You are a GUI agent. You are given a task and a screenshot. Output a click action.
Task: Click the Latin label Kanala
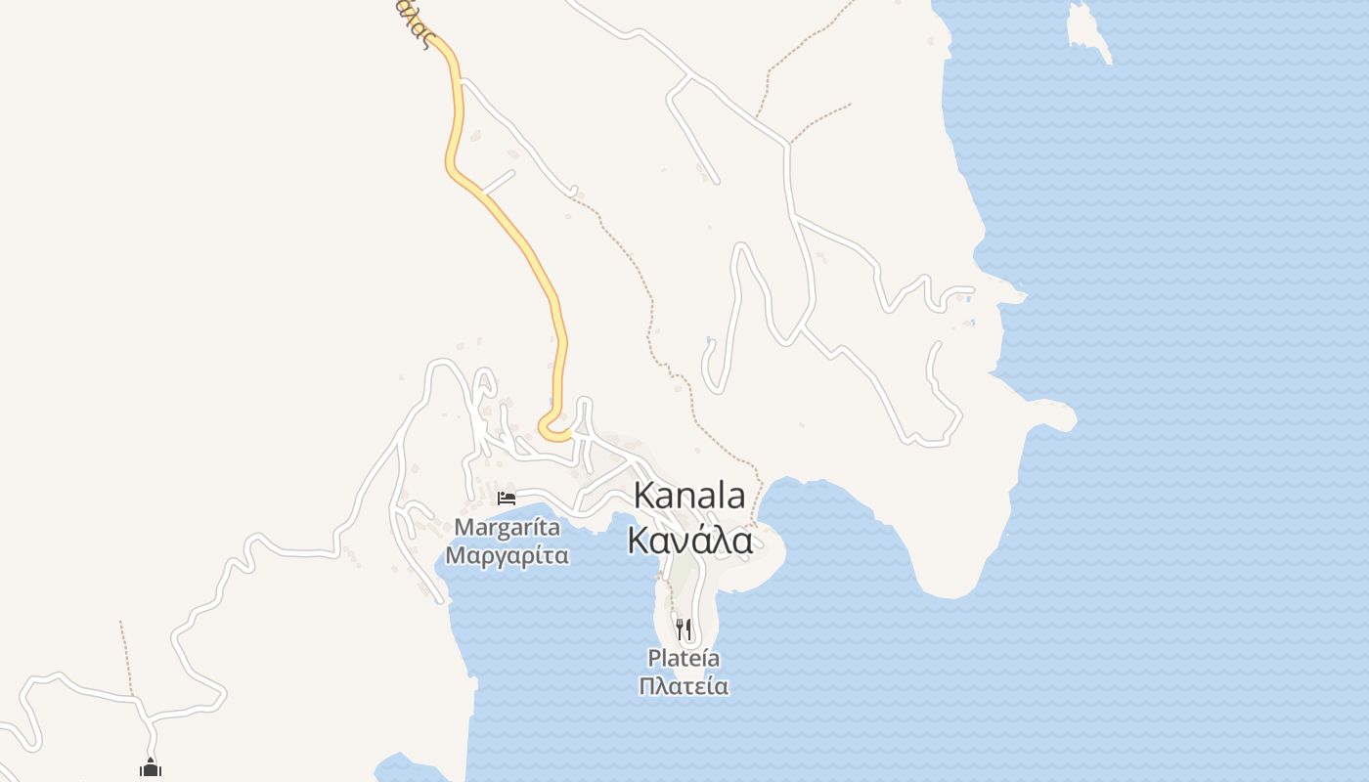(x=688, y=496)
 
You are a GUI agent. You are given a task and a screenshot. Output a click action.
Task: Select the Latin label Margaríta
(x=508, y=528)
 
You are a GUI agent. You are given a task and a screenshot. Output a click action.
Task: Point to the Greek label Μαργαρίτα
(x=508, y=556)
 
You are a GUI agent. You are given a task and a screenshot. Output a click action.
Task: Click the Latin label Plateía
(x=684, y=658)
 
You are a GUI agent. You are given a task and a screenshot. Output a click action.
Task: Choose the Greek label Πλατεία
(x=684, y=686)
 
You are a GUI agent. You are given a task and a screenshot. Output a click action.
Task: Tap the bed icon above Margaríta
(x=507, y=499)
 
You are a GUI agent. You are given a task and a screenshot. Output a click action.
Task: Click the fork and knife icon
(x=684, y=629)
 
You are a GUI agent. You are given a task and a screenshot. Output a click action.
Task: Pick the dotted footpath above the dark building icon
(x=125, y=655)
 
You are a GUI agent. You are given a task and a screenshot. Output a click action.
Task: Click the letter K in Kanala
(x=643, y=496)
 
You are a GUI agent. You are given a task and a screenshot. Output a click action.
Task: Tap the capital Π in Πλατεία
(x=647, y=686)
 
